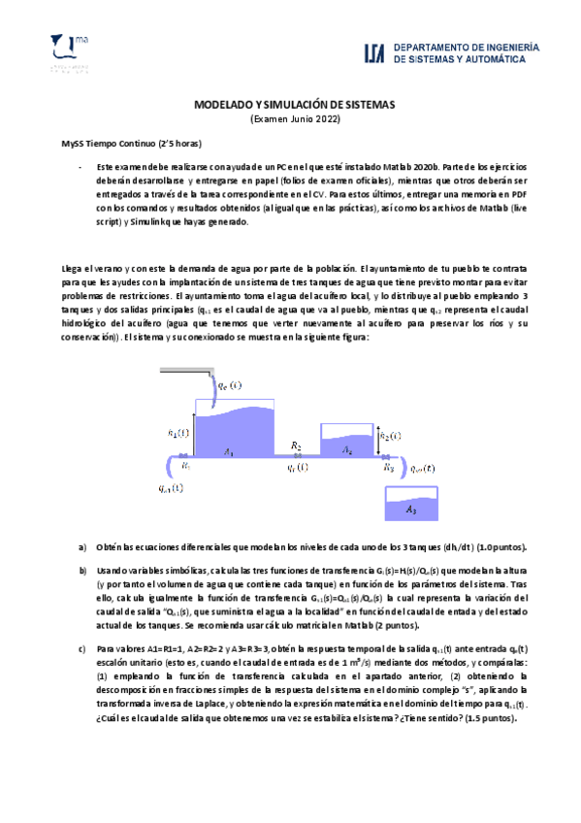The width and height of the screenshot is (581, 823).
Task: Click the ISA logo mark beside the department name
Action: [x=375, y=53]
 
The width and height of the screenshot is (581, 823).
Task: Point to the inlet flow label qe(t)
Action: [x=228, y=385]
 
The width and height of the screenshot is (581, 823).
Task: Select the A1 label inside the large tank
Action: [x=228, y=451]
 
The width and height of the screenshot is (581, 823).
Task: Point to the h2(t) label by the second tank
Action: [x=390, y=436]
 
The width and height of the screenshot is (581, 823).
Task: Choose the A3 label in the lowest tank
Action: [x=411, y=509]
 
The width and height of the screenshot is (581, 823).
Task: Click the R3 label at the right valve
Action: [x=387, y=466]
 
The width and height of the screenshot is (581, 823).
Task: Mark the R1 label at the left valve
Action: [x=186, y=466]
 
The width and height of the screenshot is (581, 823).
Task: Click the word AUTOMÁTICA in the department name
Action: [x=486, y=59]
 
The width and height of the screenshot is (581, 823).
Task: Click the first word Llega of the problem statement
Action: [x=73, y=267]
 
